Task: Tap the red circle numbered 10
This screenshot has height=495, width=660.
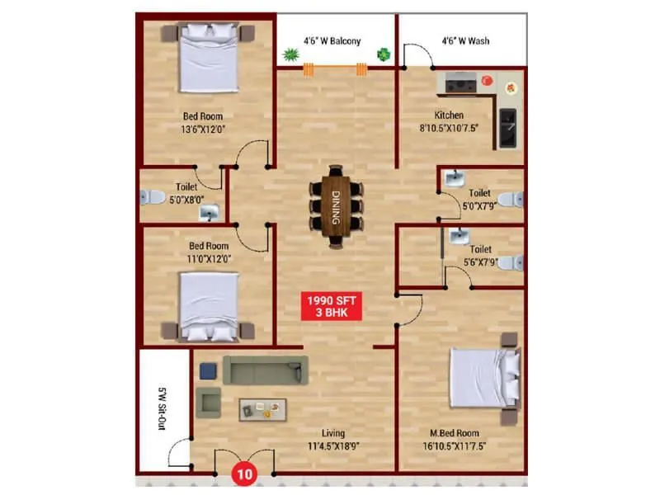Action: click(244, 475)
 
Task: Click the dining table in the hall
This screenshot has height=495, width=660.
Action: click(336, 207)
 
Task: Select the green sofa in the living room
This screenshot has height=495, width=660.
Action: click(266, 370)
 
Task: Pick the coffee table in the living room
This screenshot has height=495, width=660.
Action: click(263, 408)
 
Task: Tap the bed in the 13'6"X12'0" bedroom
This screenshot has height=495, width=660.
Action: click(209, 57)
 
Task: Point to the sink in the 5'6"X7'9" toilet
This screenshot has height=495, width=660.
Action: click(459, 238)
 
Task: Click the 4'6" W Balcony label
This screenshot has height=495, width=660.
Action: click(332, 40)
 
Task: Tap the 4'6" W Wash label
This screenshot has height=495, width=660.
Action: click(462, 40)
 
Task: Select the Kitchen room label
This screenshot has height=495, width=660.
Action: click(450, 115)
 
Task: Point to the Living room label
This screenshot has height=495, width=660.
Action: click(334, 433)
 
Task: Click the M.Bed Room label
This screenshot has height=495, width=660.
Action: click(455, 433)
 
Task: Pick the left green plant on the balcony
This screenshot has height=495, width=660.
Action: click(290, 55)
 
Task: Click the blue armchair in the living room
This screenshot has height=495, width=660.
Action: click(208, 371)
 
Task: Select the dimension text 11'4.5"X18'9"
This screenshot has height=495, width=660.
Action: click(334, 446)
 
